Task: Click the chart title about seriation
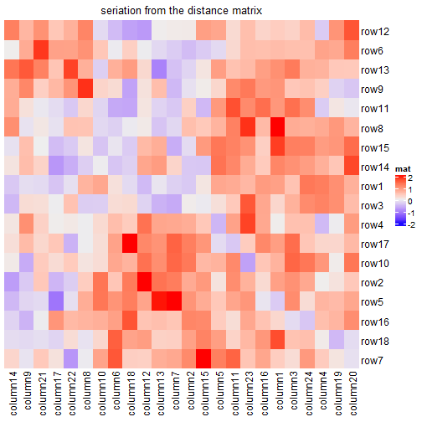click(181, 11)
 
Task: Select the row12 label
click(375, 32)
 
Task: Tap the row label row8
click(373, 128)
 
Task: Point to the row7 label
click(373, 359)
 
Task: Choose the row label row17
click(375, 244)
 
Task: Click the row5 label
click(373, 301)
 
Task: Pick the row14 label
click(375, 167)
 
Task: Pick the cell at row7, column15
click(203, 359)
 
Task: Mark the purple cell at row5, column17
click(56, 301)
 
